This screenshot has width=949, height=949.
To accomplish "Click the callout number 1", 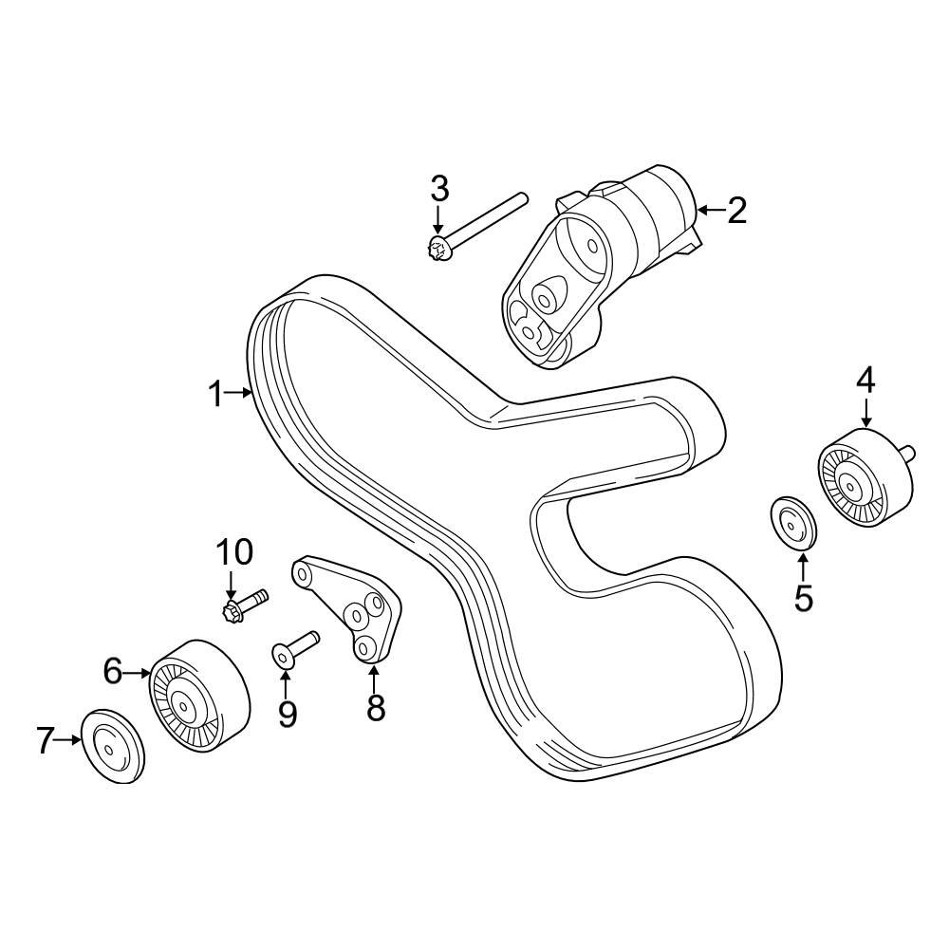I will point(216,393).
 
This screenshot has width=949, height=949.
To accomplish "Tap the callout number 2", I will point(736,210).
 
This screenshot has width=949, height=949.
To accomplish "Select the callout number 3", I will point(438,188).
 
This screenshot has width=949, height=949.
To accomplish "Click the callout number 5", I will point(804,598).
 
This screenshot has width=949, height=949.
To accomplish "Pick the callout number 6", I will point(113,672).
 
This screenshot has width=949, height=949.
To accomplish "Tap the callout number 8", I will point(376,707).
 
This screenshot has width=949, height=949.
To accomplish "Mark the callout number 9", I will point(287,713).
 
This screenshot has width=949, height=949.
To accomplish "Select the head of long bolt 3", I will point(437,251).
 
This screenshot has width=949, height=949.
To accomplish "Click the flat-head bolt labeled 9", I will point(296,647).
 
